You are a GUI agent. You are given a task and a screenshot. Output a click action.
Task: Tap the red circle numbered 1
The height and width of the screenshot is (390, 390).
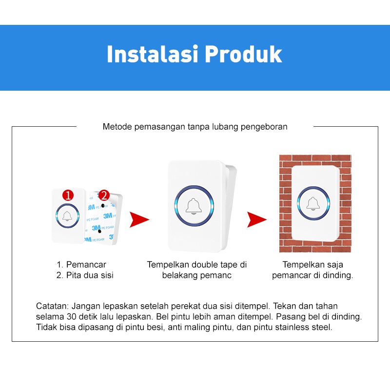[x=68, y=195]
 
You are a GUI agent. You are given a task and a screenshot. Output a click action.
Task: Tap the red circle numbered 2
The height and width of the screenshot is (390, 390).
[x=103, y=195]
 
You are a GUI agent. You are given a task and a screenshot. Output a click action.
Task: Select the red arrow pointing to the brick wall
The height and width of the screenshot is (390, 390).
[x=256, y=219]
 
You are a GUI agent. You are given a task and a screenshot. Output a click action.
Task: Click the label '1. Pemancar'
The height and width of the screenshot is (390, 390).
[x=81, y=265]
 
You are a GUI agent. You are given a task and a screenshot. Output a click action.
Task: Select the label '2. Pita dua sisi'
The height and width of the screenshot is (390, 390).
[x=85, y=275]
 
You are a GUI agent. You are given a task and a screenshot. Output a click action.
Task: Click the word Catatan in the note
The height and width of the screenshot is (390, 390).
[x=52, y=306]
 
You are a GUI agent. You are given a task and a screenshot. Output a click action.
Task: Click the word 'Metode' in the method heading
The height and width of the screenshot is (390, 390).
[x=117, y=127]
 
